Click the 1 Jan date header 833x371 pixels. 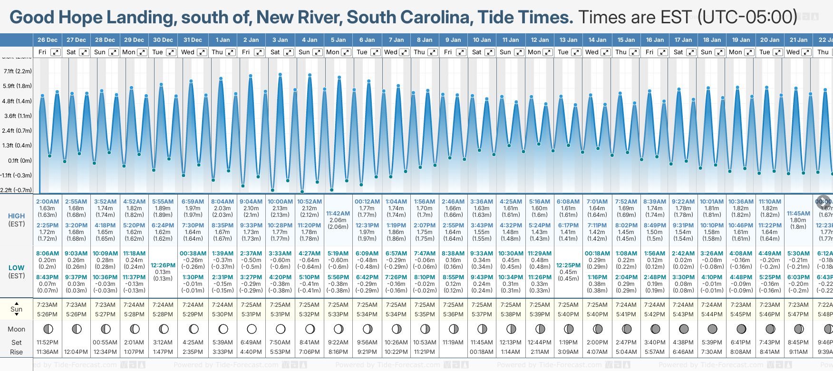point(223,40)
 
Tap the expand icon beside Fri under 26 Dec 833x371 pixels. point(56,52)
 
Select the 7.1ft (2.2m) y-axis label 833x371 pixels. point(18,71)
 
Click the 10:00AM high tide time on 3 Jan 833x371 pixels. point(280,202)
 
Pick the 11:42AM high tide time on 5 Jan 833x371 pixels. point(338,214)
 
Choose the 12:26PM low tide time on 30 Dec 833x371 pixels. point(163,265)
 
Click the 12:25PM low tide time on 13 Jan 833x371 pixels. point(568,265)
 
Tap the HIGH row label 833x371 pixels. point(17,216)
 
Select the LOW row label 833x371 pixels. point(17,268)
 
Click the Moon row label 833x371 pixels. point(17,329)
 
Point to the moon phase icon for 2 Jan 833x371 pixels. point(252,329)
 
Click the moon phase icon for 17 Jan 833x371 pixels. point(684,329)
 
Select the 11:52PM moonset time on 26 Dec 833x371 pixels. point(47,342)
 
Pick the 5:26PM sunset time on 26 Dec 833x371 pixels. point(47,314)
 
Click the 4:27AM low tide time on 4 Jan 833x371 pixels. point(310,254)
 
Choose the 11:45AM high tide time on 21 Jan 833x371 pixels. point(798,214)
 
